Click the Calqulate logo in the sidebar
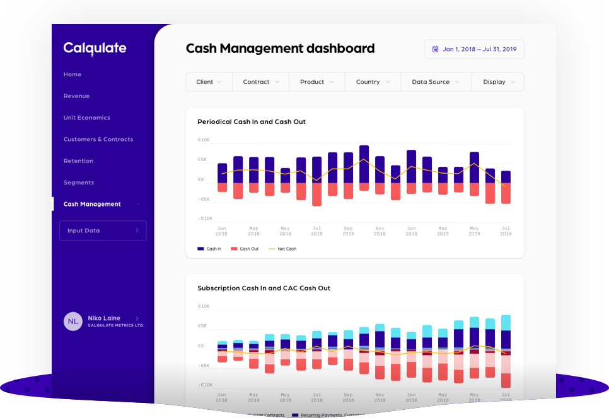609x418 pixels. coord(95,48)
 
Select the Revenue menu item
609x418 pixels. coord(76,96)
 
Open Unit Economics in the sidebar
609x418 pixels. coord(86,118)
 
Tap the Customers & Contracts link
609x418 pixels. coord(98,139)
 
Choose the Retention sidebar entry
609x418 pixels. coord(78,161)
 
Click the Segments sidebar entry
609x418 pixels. coord(78,183)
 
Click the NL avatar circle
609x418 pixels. coord(73,321)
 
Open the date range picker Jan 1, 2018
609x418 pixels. coord(474,49)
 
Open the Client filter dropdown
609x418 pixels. coord(209,82)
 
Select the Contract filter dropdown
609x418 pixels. coord(260,82)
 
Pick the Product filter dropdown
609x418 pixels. coord(316,82)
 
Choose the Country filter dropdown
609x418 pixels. coord(373,82)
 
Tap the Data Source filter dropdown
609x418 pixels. coord(436,82)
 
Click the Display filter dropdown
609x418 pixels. coord(499,82)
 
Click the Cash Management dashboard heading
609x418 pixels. coord(280,48)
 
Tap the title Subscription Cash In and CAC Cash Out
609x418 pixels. coord(264,288)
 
